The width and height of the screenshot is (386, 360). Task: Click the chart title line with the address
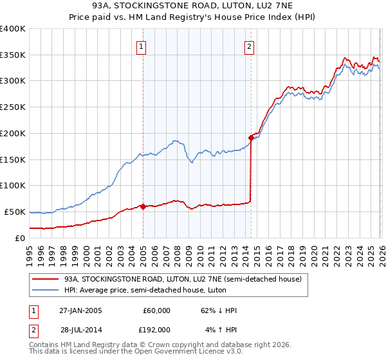[193, 6]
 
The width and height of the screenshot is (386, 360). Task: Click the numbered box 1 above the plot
[140, 46]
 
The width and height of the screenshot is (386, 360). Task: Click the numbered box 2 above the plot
[249, 46]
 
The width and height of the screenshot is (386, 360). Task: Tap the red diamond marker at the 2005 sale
[143, 206]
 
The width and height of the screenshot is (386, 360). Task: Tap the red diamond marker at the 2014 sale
[251, 137]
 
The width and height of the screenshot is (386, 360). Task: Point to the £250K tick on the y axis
[13, 107]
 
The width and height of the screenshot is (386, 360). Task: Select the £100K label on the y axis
[13, 186]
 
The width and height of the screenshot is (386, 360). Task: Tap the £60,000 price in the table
[156, 310]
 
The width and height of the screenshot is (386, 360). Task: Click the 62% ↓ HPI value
[219, 310]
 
